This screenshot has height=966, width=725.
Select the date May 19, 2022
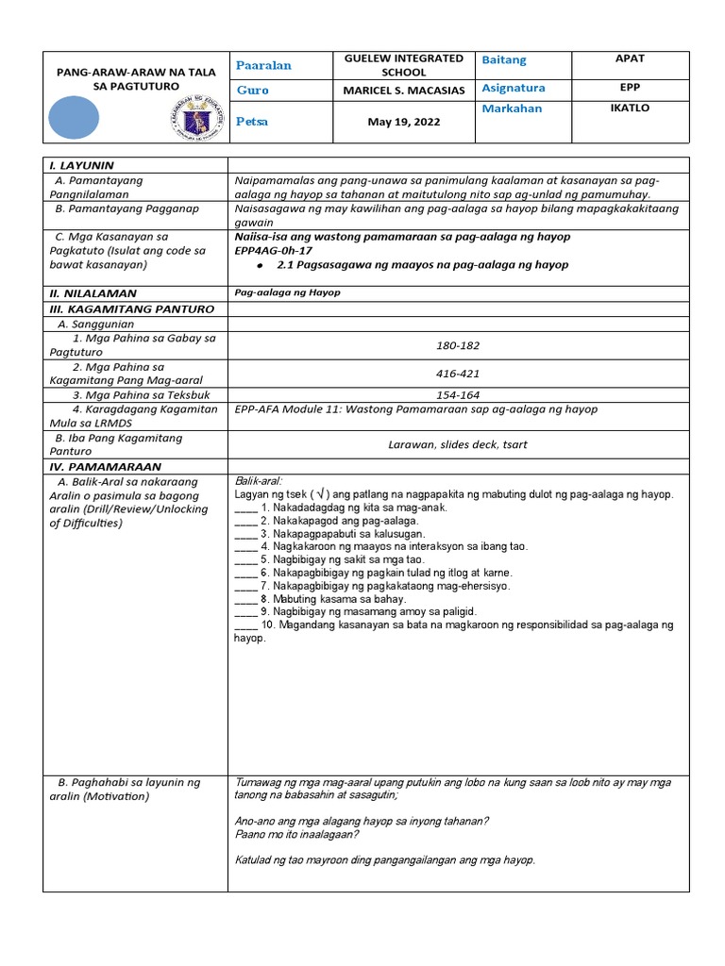pos(403,123)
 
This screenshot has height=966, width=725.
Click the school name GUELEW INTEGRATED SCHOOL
pos(403,65)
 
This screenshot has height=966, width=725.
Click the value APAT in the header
pos(630,58)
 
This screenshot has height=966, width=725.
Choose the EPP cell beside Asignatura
pos(630,87)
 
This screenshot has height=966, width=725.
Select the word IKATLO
pos(630,108)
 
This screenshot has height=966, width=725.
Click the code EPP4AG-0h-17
pos(273,250)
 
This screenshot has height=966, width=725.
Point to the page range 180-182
pos(457,345)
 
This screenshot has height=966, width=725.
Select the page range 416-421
pos(457,374)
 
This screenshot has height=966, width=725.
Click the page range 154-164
pos(457,395)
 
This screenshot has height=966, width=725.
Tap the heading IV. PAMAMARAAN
pos(106,466)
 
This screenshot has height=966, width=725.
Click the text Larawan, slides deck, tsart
pos(457,444)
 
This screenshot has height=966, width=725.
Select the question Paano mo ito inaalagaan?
pos(296,834)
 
